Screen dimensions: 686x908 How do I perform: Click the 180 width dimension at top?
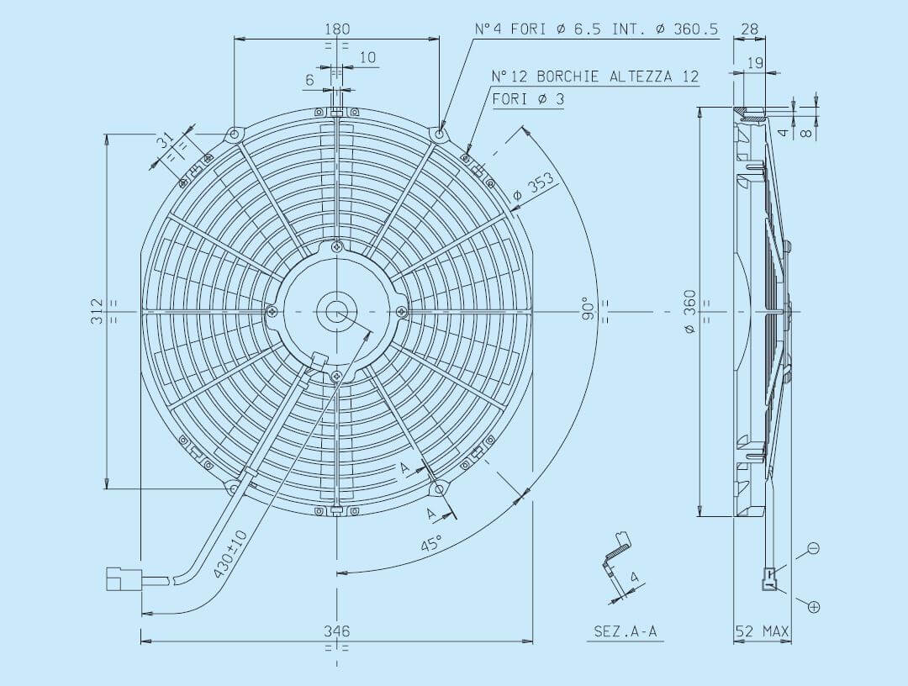(x=337, y=29)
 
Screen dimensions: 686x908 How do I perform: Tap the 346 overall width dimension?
(x=337, y=631)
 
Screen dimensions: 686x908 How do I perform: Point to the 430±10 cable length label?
(x=230, y=553)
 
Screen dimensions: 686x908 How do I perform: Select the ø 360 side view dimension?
(x=689, y=312)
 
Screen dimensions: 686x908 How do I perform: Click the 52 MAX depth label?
(x=763, y=631)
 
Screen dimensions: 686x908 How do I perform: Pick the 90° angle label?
(x=589, y=309)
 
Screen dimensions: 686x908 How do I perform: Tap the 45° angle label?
(x=432, y=542)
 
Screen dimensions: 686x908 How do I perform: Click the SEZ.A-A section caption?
(x=625, y=631)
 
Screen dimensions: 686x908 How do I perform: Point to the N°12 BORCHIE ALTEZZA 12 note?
(x=595, y=77)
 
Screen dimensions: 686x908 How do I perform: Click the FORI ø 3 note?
(x=528, y=99)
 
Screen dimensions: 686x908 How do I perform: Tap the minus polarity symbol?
(x=813, y=549)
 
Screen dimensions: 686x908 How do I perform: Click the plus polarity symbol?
(x=813, y=606)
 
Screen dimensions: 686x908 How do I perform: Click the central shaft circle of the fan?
(x=337, y=312)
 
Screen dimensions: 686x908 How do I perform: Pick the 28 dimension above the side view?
(x=748, y=29)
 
